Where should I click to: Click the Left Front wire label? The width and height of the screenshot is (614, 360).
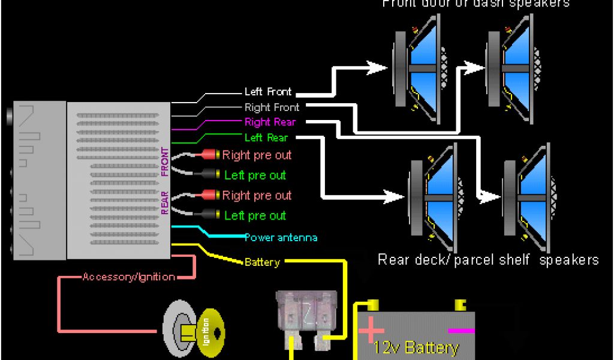click(x=268, y=92)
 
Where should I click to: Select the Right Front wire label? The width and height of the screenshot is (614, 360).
click(x=272, y=107)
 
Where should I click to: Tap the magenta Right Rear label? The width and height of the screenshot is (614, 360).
click(x=270, y=122)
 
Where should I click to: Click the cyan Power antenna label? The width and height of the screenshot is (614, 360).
click(x=281, y=238)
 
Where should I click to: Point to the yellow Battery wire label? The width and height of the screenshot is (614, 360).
click(x=262, y=262)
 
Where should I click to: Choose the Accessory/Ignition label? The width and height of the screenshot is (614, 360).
click(x=129, y=277)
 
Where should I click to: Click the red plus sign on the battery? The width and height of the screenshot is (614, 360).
click(x=371, y=329)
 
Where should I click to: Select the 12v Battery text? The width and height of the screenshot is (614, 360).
click(x=416, y=348)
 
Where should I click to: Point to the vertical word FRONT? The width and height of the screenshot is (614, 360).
click(x=166, y=161)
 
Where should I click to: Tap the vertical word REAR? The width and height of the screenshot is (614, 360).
click(x=165, y=203)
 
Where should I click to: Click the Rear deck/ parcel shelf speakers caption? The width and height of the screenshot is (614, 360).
click(x=488, y=260)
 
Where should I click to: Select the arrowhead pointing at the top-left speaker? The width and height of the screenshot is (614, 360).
click(x=378, y=67)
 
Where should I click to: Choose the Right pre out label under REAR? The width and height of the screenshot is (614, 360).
click(x=257, y=196)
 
